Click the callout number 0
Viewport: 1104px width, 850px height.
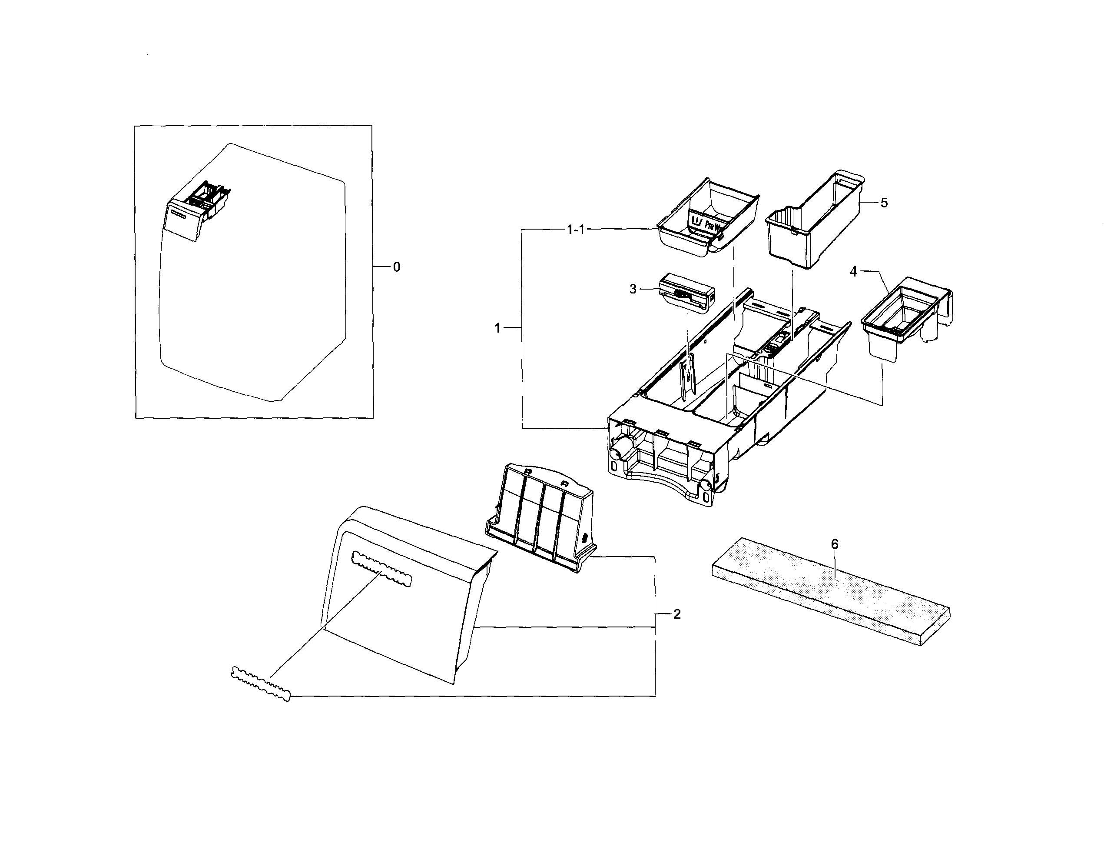coord(396,267)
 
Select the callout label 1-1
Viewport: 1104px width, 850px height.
coord(575,230)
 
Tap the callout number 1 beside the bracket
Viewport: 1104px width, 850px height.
coord(497,328)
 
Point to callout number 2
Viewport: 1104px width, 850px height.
coord(677,614)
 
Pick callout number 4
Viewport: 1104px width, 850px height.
coord(853,272)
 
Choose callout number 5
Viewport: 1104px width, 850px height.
coord(884,203)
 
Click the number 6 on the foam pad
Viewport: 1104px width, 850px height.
coord(835,544)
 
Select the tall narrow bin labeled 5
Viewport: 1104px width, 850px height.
coord(814,223)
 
